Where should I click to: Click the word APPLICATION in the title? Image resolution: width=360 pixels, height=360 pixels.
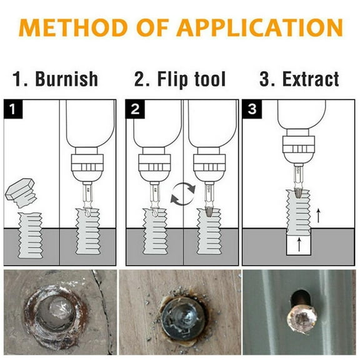click(259, 27)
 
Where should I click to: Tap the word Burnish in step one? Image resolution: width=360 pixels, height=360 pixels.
click(67, 79)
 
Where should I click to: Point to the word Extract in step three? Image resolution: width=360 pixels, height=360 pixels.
click(311, 79)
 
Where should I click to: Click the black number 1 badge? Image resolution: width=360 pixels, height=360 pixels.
click(13, 109)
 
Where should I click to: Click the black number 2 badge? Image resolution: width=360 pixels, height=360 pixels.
click(135, 109)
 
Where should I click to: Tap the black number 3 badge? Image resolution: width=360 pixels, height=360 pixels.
click(252, 109)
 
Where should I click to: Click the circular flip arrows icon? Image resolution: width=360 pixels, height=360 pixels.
click(183, 194)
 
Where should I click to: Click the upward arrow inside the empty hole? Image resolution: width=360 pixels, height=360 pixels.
click(299, 244)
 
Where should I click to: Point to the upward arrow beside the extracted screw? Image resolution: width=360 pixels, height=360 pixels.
click(318, 216)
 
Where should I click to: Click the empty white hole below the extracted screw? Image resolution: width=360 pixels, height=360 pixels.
click(299, 245)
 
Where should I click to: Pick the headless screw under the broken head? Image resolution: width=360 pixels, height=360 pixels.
click(30, 236)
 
